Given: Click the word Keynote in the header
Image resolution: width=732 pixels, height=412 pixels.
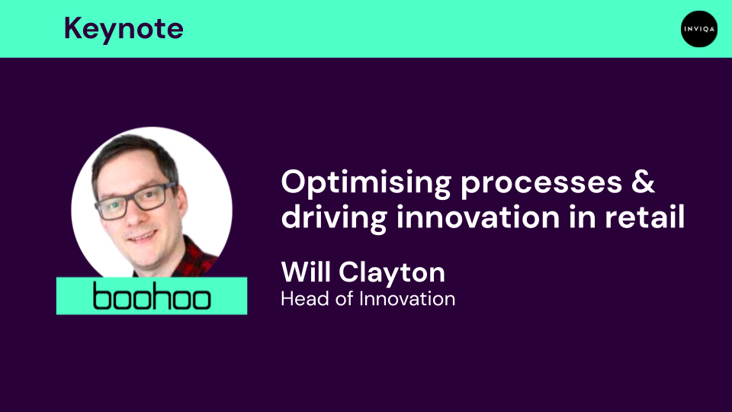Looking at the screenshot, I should (x=124, y=29).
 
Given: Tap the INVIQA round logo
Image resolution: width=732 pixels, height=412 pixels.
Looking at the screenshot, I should (x=699, y=29).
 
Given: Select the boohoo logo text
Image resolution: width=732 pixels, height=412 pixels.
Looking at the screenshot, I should (x=152, y=297).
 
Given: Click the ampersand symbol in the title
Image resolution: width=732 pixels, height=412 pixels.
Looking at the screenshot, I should (x=645, y=183).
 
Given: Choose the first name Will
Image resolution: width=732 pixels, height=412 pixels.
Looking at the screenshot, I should (x=307, y=271).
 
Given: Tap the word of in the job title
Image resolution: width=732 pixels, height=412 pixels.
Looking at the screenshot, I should (x=347, y=298).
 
